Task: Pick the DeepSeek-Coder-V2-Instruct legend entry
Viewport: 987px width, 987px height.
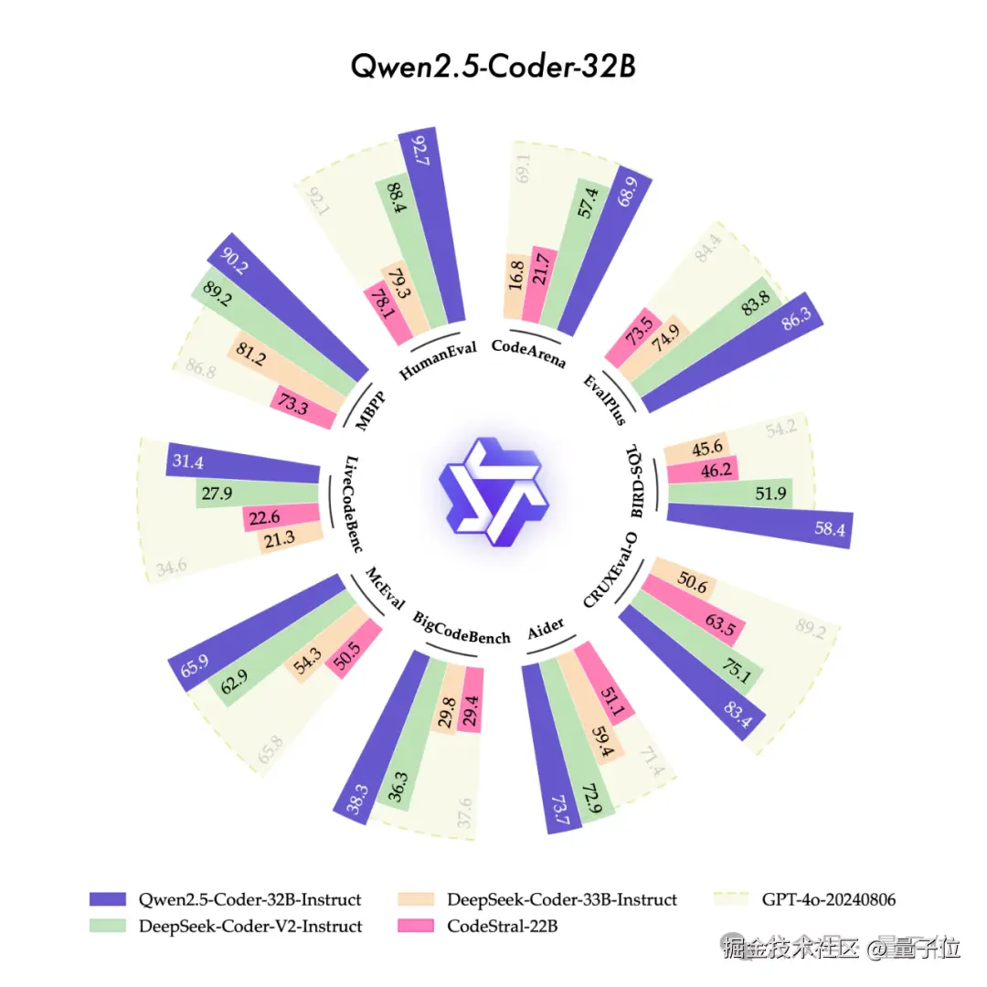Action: (250, 926)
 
